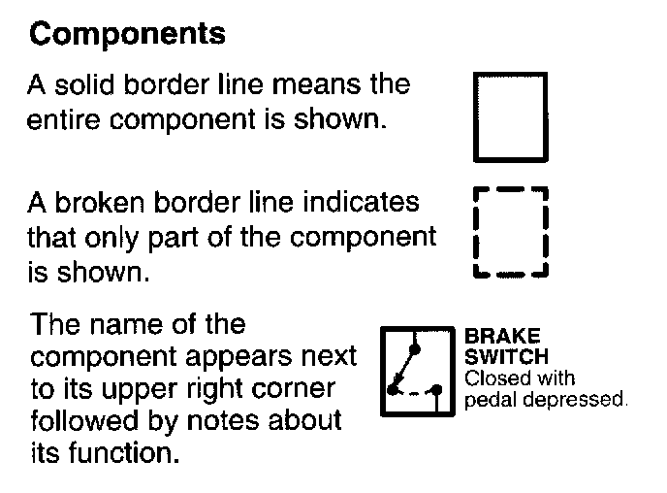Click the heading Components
128,35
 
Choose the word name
135,323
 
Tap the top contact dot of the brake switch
414,347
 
